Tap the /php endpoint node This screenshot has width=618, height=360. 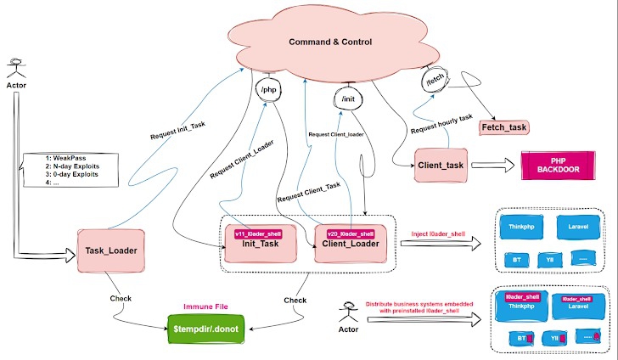pyautogui.click(x=268, y=89)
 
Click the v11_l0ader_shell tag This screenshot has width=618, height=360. pyautogui.click(x=259, y=232)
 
